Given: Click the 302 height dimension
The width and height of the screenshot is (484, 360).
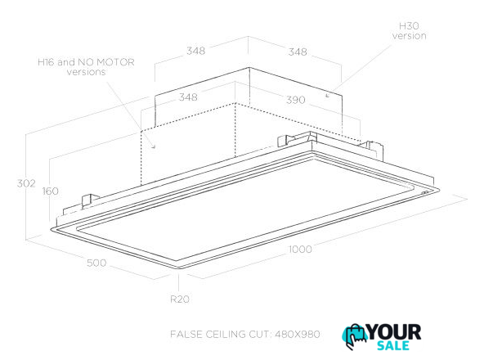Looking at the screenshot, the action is [x=26, y=183].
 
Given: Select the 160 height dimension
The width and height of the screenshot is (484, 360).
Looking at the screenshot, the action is [x=51, y=191].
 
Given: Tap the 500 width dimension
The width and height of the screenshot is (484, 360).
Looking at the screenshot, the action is [x=96, y=263].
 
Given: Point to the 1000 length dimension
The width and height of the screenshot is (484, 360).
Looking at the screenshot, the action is [x=300, y=249].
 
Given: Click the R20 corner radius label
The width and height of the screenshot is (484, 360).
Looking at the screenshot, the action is [x=180, y=299].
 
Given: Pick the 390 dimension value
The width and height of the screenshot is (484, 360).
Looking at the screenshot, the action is [x=296, y=100].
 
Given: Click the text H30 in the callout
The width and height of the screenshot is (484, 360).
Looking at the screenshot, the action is [x=409, y=26].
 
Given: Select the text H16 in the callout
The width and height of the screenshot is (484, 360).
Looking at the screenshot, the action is [x=47, y=62].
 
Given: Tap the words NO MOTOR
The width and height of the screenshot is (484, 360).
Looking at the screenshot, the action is [x=106, y=62].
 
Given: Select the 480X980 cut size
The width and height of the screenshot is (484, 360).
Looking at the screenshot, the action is [x=298, y=334].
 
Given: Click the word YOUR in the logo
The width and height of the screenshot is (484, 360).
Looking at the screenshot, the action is [x=394, y=332].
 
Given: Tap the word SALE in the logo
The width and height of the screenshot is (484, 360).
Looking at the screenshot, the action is [x=393, y=345].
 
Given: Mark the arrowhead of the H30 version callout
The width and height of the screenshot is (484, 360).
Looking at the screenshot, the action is [x=327, y=96].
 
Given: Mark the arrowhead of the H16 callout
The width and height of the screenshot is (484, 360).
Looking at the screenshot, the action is [x=154, y=146].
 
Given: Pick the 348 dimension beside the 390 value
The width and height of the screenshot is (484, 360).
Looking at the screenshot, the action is [x=188, y=97].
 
